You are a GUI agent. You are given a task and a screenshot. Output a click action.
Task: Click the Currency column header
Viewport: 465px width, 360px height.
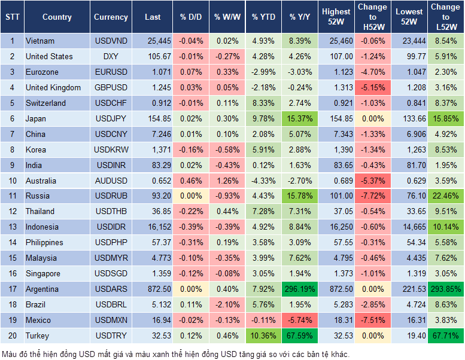[111, 17]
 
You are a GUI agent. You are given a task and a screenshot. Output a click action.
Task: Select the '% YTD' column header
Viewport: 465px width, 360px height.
[263, 17]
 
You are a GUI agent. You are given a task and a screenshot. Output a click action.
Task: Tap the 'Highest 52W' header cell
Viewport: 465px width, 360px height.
[336, 17]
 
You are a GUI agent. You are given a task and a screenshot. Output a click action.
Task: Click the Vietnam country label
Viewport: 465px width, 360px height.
[40, 41]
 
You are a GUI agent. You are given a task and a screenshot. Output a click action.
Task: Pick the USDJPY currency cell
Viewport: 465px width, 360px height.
[111, 118]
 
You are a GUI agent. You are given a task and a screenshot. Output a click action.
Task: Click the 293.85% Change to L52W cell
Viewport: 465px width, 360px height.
[445, 289]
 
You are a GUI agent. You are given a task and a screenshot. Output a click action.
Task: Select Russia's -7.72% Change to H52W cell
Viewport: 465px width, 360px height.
[372, 196]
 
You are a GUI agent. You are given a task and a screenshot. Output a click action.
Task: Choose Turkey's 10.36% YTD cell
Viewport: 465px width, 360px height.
[263, 335]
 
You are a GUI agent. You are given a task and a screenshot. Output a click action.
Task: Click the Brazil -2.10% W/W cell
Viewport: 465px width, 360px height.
[226, 304]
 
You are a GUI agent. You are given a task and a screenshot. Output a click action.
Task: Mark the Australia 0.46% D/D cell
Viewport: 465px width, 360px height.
[191, 181]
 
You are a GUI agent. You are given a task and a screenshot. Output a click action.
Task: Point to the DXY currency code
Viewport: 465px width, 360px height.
[111, 56]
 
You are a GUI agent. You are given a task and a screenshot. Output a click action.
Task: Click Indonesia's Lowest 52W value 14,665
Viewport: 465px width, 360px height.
[409, 227]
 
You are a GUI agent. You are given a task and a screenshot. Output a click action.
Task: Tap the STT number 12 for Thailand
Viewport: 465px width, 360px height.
[11, 211]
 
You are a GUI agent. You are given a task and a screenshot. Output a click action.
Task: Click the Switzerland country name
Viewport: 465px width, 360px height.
[45, 103]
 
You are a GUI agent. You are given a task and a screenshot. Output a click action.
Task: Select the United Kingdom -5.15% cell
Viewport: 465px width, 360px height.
[372, 87]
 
